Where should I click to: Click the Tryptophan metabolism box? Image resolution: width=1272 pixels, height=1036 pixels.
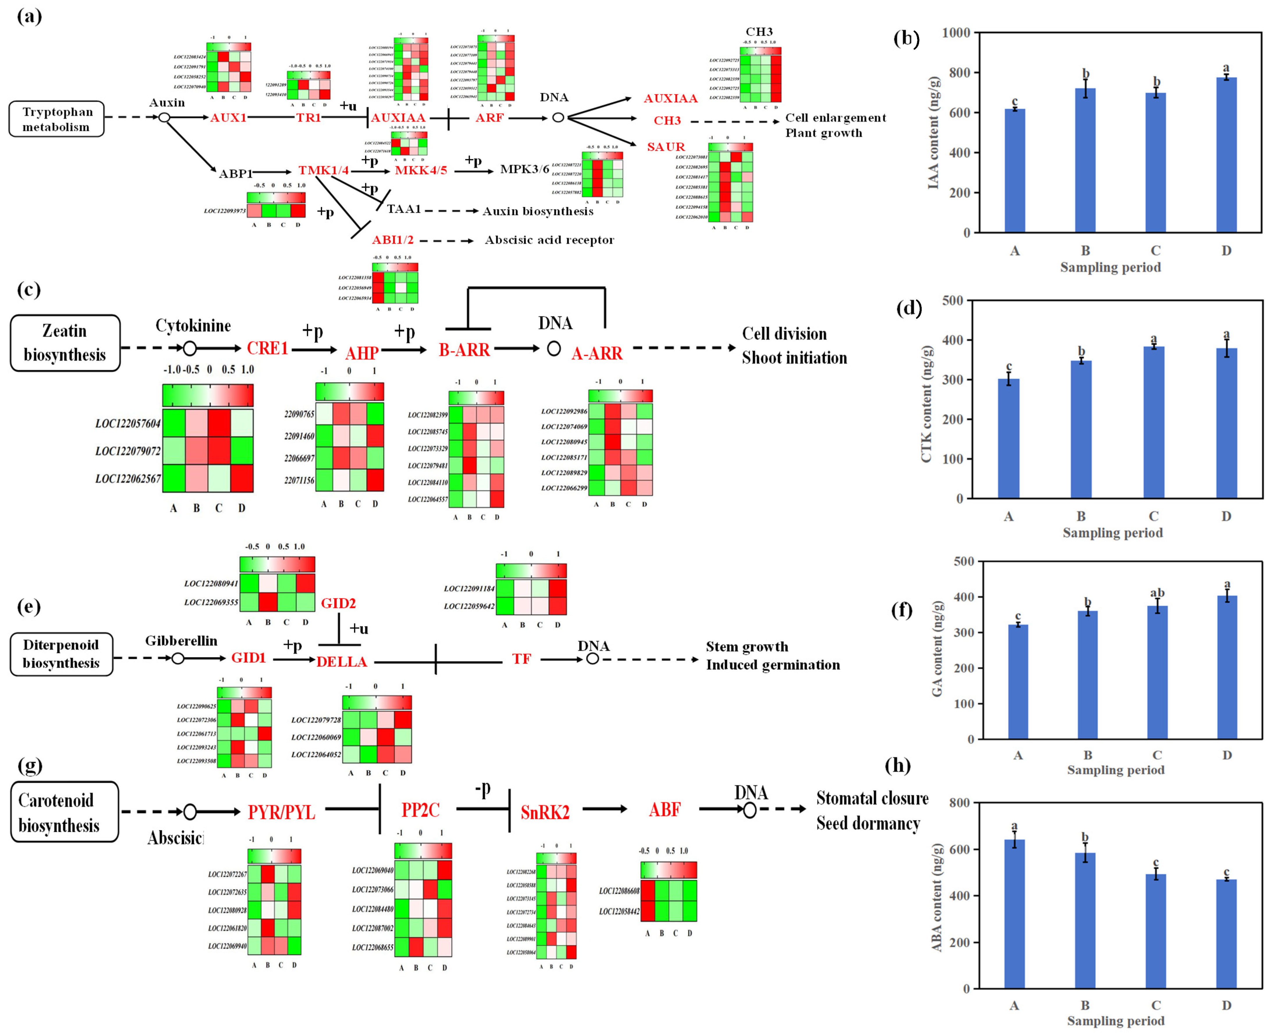click(x=57, y=119)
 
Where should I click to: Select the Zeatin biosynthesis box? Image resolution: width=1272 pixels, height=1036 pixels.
click(x=65, y=343)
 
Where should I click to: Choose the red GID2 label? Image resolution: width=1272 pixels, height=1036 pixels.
click(x=338, y=603)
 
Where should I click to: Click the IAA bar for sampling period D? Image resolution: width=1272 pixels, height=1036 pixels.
click(x=1226, y=155)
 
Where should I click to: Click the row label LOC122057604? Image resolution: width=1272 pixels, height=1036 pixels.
click(x=128, y=424)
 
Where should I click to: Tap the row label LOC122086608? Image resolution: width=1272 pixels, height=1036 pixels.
click(x=619, y=891)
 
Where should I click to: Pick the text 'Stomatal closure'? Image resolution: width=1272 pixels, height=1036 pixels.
click(x=872, y=799)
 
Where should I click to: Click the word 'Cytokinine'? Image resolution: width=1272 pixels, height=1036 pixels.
click(x=193, y=326)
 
